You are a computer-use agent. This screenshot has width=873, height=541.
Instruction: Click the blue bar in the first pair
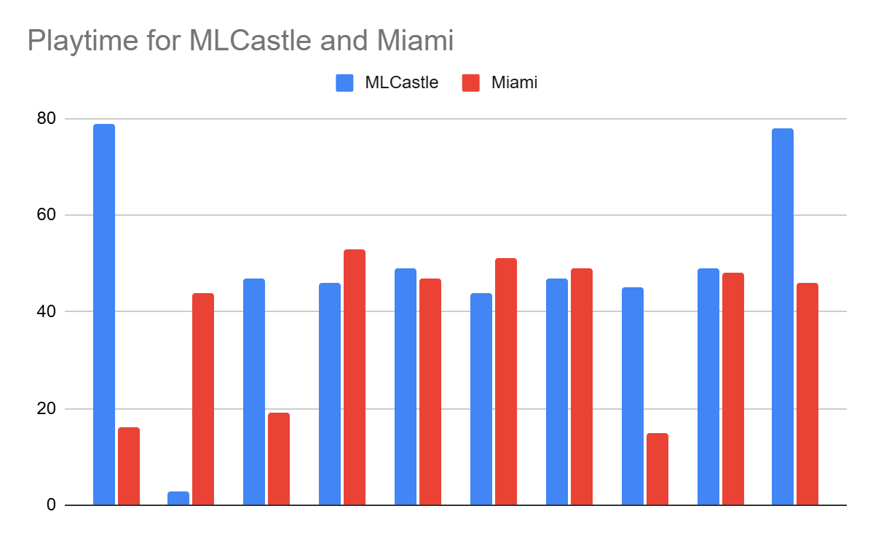(104, 314)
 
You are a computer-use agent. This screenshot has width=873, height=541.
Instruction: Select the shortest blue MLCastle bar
(178, 498)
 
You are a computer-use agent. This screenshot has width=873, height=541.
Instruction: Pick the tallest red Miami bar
(355, 377)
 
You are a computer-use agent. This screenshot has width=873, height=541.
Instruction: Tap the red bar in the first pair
(129, 466)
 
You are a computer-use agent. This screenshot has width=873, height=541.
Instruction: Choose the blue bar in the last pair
(783, 316)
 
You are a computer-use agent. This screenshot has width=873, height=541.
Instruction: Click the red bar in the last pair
(807, 394)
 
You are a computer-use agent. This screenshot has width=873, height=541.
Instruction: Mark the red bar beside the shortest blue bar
(203, 399)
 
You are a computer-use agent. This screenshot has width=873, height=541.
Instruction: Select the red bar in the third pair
(279, 459)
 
